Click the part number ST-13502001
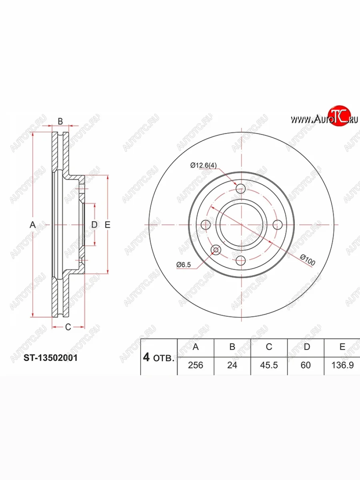(x=50, y=358)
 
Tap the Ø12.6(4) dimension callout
(x=203, y=165)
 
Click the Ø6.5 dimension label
(x=184, y=265)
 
